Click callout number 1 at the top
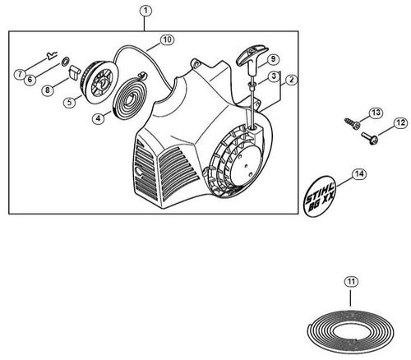(145, 11)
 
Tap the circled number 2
(292, 80)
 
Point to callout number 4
(98, 118)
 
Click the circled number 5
(72, 103)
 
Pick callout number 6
(29, 80)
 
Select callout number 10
(166, 39)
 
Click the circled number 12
(400, 123)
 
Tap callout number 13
(376, 112)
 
